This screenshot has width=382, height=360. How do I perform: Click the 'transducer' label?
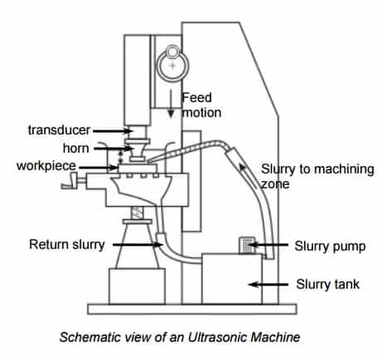(x=59, y=130)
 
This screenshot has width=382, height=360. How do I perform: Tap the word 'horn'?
(x=76, y=148)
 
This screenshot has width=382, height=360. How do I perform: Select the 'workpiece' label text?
(x=46, y=166)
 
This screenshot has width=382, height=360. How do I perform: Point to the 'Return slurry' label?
(x=67, y=245)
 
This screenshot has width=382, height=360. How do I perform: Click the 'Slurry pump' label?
(x=330, y=246)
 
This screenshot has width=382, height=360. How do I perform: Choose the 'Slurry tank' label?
(x=328, y=285)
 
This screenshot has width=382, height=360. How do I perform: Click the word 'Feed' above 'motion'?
(x=197, y=98)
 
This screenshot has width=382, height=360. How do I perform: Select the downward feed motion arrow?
(x=171, y=104)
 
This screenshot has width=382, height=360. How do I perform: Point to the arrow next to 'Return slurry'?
(x=138, y=245)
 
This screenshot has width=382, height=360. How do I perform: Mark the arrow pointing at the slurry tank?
(x=268, y=285)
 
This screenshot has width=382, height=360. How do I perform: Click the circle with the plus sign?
(x=172, y=66)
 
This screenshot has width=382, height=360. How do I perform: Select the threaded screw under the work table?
(x=138, y=212)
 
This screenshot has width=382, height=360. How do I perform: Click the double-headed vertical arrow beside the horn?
(x=120, y=158)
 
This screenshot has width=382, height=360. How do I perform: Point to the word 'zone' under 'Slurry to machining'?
(x=275, y=184)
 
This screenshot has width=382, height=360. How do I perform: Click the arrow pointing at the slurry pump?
(x=268, y=245)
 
